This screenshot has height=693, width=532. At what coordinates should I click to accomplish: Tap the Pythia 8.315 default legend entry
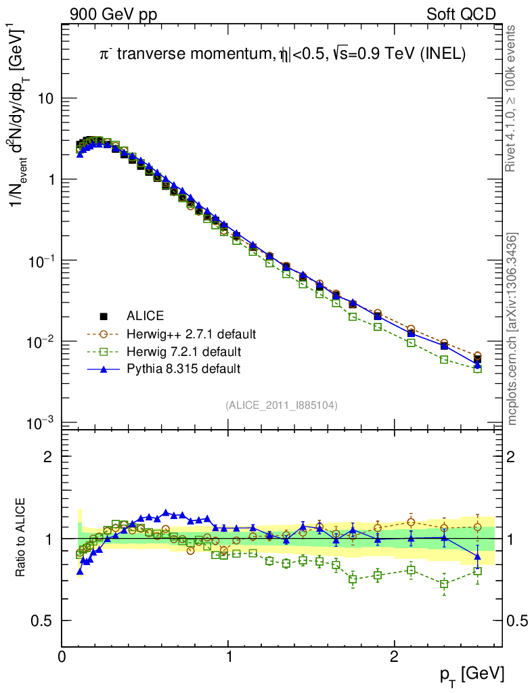(x=183, y=369)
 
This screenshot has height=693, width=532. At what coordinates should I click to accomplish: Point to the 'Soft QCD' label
(x=461, y=14)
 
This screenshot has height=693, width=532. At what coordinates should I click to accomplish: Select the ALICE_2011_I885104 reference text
(x=282, y=405)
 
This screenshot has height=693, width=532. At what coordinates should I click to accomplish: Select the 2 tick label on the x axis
(x=394, y=657)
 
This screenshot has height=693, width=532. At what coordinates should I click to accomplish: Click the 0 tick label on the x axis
(x=62, y=657)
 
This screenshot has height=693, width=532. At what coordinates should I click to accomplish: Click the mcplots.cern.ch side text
(x=513, y=329)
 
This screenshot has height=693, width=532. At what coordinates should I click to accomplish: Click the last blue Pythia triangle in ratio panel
(x=477, y=556)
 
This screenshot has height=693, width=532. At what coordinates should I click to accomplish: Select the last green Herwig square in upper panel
(x=477, y=369)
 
